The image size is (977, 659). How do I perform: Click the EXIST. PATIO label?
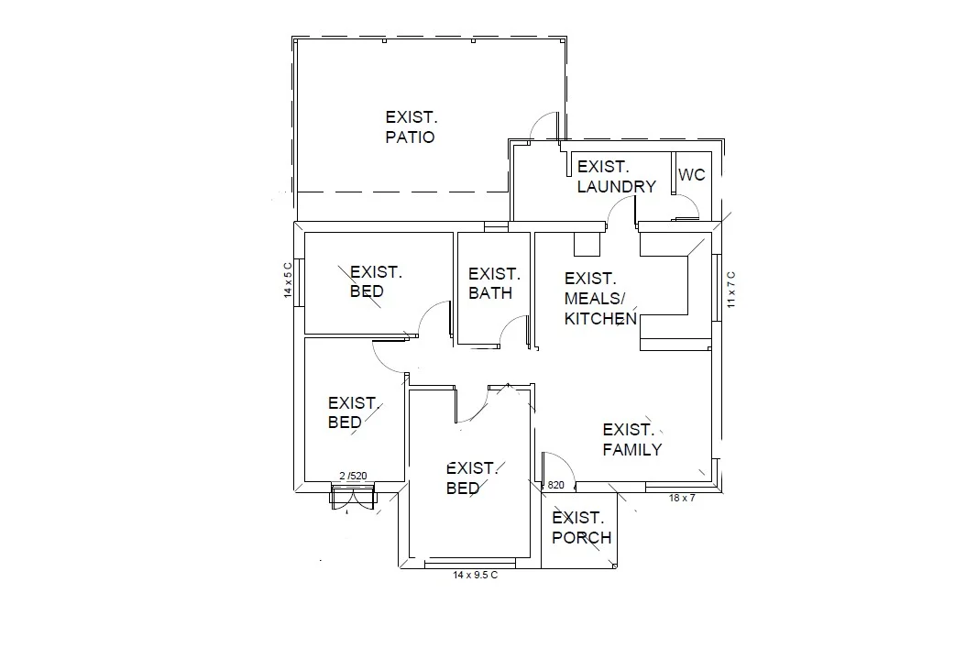coord(412,127)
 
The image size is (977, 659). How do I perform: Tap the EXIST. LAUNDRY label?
coord(616,177)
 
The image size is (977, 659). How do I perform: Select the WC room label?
coord(692,174)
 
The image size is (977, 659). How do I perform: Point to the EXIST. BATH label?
coord(493,283)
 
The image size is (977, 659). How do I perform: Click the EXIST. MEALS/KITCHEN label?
coord(599,299)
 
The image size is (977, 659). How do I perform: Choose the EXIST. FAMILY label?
coord(631,440)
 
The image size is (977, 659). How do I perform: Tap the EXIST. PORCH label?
coord(581,528)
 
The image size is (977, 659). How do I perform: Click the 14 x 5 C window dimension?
coord(287,280)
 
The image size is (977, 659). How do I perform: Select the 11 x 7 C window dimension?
coord(730,289)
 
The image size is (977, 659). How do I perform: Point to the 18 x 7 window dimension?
coord(682,498)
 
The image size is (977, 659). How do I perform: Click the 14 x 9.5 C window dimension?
coord(475,575)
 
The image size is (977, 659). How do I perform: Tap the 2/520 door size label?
coord(353,476)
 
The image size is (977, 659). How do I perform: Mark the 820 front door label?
coord(555,486)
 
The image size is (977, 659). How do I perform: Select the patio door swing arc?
coord(545,125)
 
